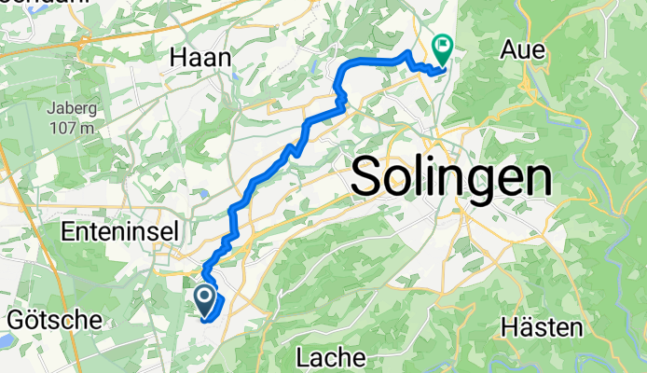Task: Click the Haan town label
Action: tap(200, 58)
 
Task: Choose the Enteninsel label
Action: tap(118, 229)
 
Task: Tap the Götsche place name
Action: tap(54, 320)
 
